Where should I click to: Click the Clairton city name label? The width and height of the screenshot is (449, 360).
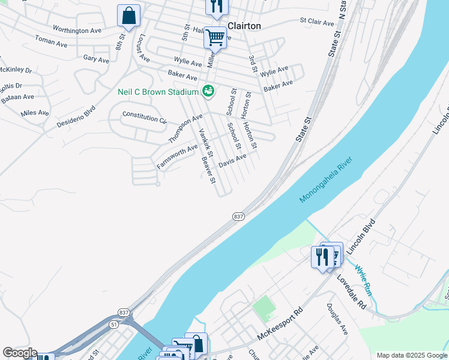[244, 26]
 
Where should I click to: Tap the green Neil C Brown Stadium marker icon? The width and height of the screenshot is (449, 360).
[208, 92]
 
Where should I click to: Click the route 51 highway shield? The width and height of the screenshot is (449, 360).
[114, 323]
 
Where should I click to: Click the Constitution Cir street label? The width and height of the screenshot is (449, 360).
[144, 116]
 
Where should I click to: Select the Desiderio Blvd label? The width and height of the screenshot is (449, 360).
[76, 116]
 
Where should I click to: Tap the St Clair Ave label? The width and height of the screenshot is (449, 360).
[317, 22]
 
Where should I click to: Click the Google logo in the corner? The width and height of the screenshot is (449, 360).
[20, 353]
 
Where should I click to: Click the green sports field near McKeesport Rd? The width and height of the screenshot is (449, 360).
[262, 308]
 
